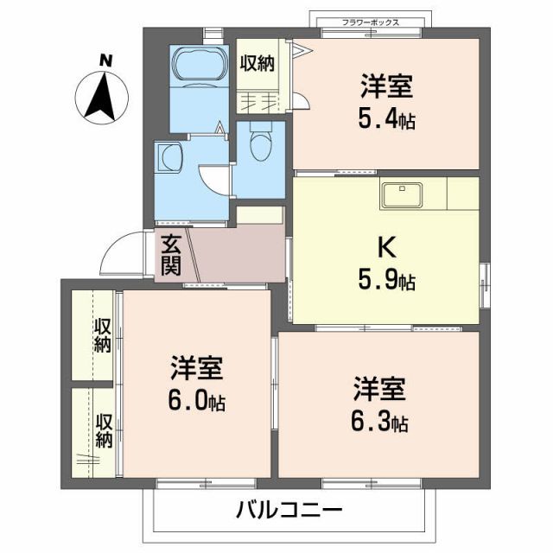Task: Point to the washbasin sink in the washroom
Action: coord(170,159)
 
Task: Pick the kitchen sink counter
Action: coord(400,195)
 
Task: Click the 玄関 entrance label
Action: coord(170,255)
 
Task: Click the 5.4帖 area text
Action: coord(386,118)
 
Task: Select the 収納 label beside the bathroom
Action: coord(257,62)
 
